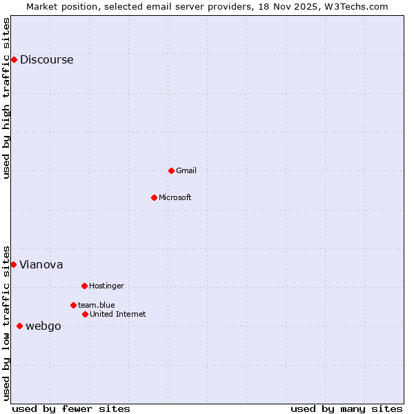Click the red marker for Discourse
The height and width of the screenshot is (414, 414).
pyautogui.click(x=14, y=59)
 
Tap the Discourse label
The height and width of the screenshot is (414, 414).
pyautogui.click(x=46, y=60)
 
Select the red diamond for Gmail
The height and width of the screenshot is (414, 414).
pyautogui.click(x=171, y=170)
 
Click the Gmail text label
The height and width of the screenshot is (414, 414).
pyautogui.click(x=186, y=171)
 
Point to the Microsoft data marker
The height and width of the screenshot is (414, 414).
pyautogui.click(x=154, y=197)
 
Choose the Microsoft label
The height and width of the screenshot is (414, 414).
pyautogui.click(x=175, y=198)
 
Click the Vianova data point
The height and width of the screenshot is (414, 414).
pyautogui.click(x=13, y=264)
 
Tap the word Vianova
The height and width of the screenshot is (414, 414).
pyautogui.click(x=41, y=265)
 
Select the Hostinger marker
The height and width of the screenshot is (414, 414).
pyautogui.click(x=84, y=286)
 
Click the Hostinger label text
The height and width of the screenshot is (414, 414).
pyautogui.click(x=106, y=286)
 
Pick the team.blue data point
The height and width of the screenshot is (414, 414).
pyautogui.click(x=73, y=305)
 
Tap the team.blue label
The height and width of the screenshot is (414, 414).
pyautogui.click(x=97, y=306)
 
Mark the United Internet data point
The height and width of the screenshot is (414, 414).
pyautogui.click(x=85, y=314)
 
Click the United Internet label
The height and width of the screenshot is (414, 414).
pyautogui.click(x=118, y=315)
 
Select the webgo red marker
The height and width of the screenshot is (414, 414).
pyautogui.click(x=19, y=326)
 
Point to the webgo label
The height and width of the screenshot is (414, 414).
pyautogui.click(x=43, y=326)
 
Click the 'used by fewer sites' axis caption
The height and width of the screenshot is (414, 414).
pyautogui.click(x=71, y=409)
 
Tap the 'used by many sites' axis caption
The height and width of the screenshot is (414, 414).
pyautogui.click(x=346, y=409)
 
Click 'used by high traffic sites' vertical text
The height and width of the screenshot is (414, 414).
pyautogui.click(x=6, y=98)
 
